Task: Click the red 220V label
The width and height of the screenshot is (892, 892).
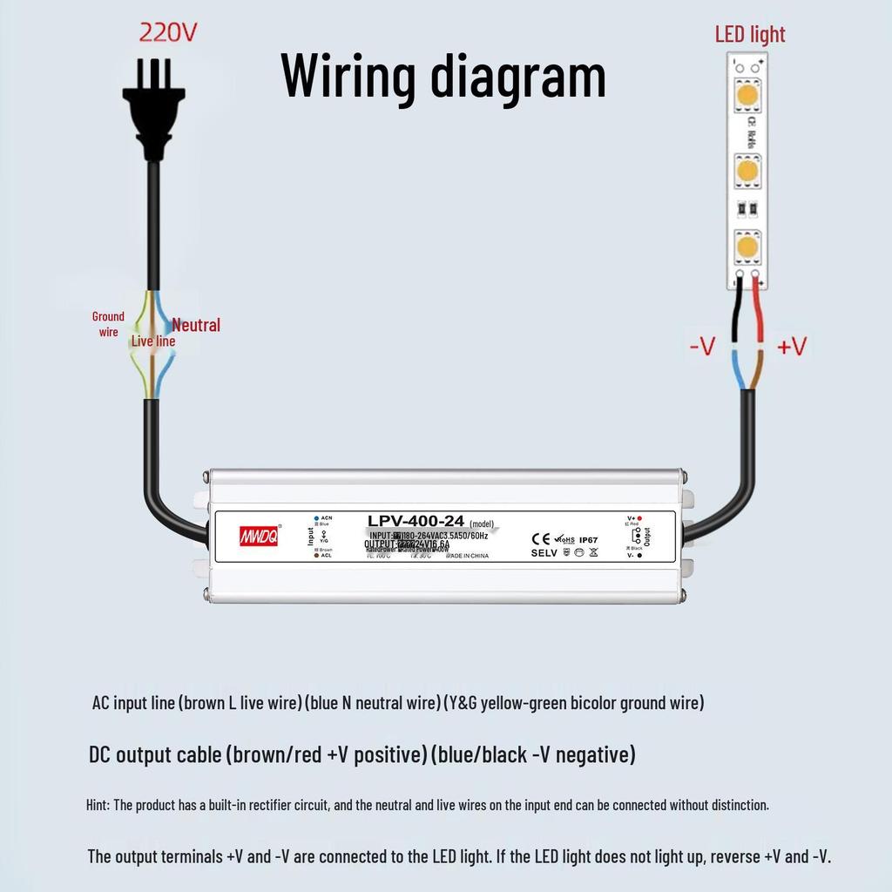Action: (169, 33)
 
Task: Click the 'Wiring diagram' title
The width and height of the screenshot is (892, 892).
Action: (443, 76)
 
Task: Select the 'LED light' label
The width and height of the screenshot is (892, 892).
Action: (750, 35)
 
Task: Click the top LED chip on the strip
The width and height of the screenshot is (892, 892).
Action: (746, 94)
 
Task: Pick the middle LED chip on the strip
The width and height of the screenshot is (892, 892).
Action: (746, 170)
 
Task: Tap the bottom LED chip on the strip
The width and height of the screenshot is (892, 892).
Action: (746, 247)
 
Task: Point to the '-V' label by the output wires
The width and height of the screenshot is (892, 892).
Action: (701, 347)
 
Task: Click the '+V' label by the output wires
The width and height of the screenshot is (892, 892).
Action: (791, 347)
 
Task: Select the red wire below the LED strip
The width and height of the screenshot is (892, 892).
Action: (758, 314)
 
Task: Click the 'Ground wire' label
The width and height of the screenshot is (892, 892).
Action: (108, 323)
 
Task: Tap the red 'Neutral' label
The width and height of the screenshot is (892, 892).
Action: (196, 325)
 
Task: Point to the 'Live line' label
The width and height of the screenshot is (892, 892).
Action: (153, 341)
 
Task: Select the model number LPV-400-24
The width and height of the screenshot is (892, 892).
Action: (416, 521)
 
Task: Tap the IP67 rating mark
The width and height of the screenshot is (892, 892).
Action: (588, 539)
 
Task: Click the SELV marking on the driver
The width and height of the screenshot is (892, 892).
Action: (544, 553)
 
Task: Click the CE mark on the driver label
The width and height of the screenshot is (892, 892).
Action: (540, 539)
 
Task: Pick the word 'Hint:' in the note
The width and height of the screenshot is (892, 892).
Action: (98, 804)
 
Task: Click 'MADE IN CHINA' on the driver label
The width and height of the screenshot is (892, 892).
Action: (468, 555)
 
